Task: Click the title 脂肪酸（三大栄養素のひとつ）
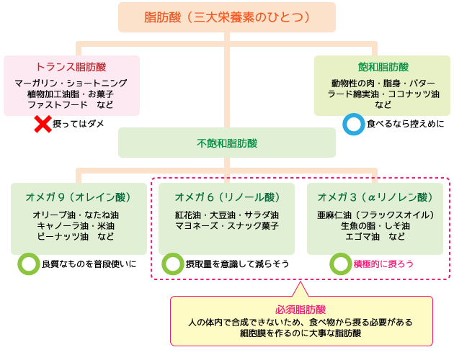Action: tap(227, 17)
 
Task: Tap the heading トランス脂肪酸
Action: tap(71, 67)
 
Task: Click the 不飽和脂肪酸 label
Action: tap(226, 143)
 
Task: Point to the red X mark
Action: tap(43, 124)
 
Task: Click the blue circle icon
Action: tap(353, 124)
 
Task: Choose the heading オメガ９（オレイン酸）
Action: tap(79, 197)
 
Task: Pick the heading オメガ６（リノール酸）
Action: tap(227, 197)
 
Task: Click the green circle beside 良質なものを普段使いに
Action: tap(28, 264)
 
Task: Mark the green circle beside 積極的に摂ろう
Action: tap(340, 264)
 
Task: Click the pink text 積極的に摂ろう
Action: tap(383, 264)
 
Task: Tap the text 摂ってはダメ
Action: tap(79, 124)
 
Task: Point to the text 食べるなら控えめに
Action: tap(396, 124)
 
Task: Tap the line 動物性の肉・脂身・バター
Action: tap(383, 83)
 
